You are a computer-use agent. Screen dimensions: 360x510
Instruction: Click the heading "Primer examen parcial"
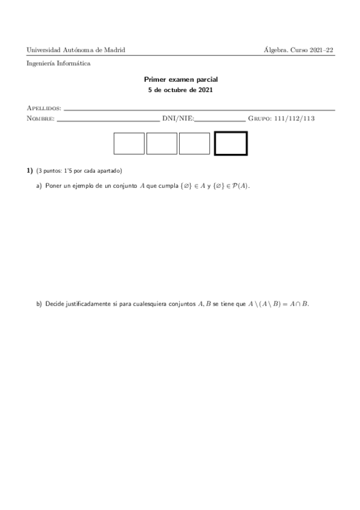180,79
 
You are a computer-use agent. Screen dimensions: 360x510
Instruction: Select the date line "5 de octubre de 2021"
180,90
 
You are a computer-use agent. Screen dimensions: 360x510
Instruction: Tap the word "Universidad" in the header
44,50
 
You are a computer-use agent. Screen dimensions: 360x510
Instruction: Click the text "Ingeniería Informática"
59,63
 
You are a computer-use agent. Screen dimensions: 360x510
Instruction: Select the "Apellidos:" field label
44,108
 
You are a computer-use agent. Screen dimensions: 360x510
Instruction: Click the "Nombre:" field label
40,118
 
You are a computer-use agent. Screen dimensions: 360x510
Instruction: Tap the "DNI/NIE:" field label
178,118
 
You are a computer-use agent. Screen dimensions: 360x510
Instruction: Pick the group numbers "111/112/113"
294,118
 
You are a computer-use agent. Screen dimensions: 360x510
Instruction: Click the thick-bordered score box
231,143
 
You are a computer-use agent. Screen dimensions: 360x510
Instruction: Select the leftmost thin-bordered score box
129,143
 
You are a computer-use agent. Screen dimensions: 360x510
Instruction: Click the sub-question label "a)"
39,186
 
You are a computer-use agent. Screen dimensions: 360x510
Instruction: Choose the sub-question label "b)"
39,304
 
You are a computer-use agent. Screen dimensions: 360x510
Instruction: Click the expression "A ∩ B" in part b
297,304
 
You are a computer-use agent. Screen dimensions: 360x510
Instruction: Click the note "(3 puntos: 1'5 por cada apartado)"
79,171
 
